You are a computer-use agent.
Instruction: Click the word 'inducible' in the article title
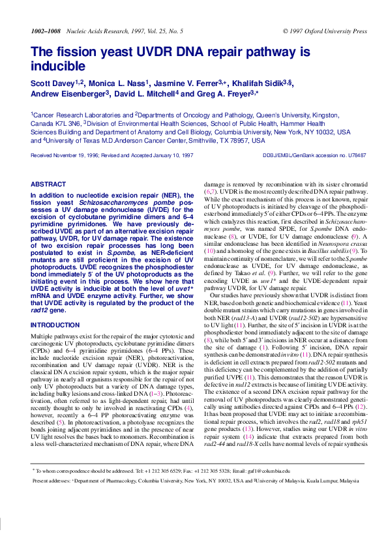[x=58, y=66]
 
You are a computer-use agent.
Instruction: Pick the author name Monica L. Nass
[x=122, y=83]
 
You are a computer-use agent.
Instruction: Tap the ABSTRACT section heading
[x=48, y=185]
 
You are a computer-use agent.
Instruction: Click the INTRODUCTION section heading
[x=55, y=325]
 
